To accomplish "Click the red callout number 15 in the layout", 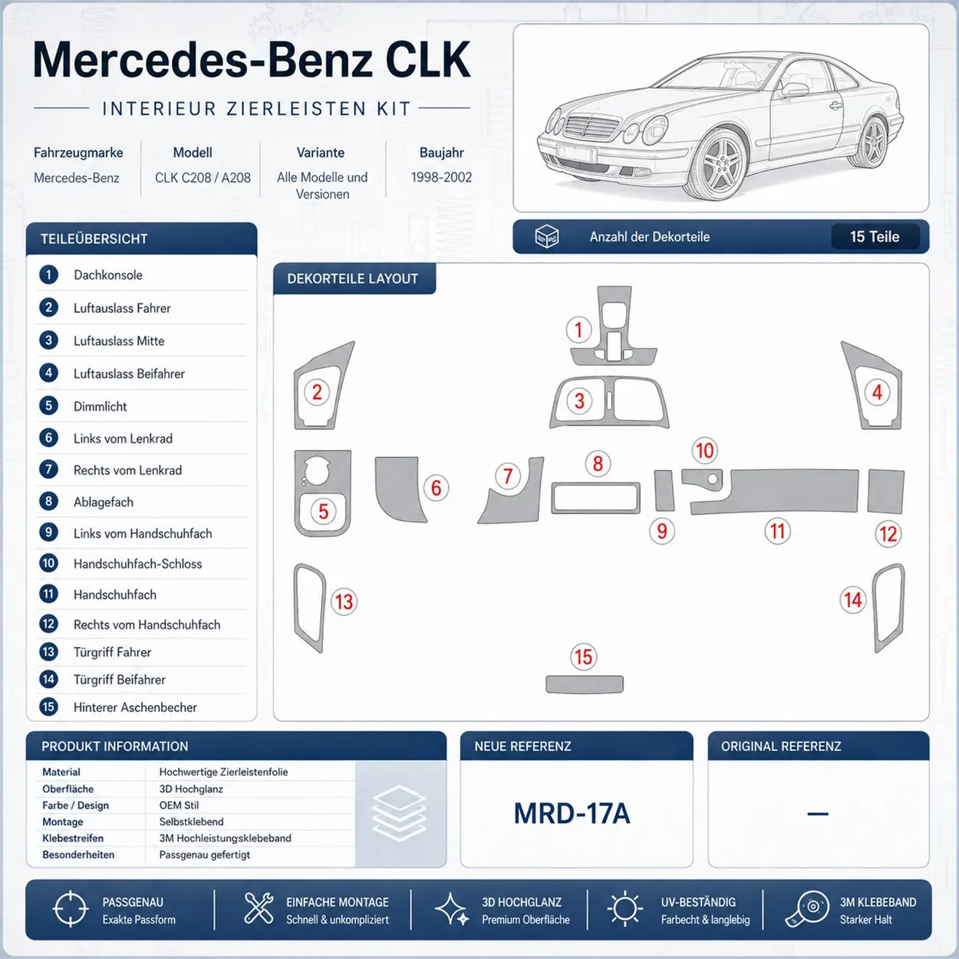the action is pyautogui.click(x=583, y=657).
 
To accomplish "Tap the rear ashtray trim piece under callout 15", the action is pyautogui.click(x=585, y=684).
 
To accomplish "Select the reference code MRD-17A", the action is pyautogui.click(x=572, y=813).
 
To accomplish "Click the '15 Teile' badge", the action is pyautogui.click(x=875, y=236).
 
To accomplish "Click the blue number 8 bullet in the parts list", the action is pyautogui.click(x=49, y=501).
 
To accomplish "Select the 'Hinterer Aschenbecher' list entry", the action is pyautogui.click(x=135, y=707).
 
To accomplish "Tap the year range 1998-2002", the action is pyautogui.click(x=441, y=177).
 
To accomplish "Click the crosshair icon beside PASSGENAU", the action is pyautogui.click(x=70, y=909).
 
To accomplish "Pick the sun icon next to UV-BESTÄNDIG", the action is pyautogui.click(x=625, y=909).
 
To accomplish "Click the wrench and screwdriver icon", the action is pyautogui.click(x=259, y=908).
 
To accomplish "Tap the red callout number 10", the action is pyautogui.click(x=704, y=450).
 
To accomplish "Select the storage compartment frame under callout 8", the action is pyautogui.click(x=595, y=498).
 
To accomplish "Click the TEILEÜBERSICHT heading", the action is pyautogui.click(x=94, y=239).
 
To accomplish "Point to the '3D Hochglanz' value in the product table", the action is pyautogui.click(x=191, y=789).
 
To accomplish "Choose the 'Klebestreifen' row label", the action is pyautogui.click(x=73, y=838).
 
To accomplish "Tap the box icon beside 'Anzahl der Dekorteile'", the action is pyautogui.click(x=546, y=236).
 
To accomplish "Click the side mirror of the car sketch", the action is pyautogui.click(x=795, y=90).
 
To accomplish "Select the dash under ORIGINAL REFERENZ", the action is pyautogui.click(x=818, y=814).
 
